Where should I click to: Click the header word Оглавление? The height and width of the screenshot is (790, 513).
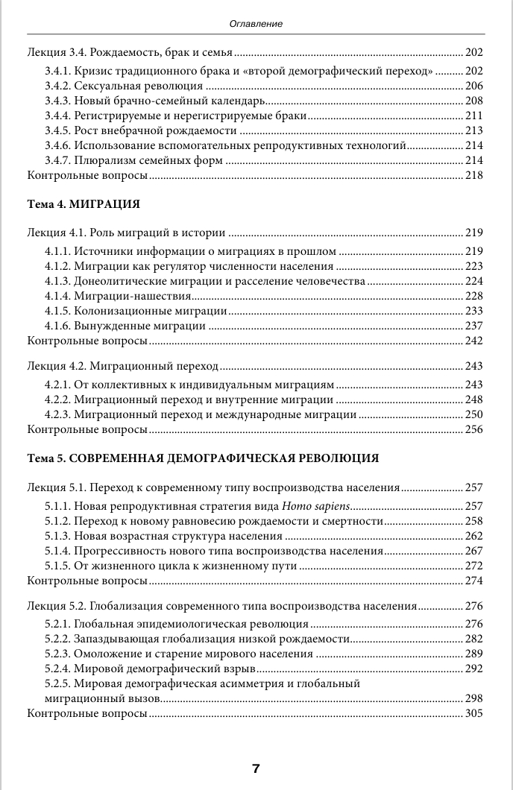click(256, 24)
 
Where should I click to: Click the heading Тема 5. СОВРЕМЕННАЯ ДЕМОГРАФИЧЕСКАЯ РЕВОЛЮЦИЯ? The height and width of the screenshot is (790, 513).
click(203, 457)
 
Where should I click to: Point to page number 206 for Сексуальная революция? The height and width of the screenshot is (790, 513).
click(473, 86)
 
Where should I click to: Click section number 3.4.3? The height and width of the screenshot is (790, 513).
click(57, 101)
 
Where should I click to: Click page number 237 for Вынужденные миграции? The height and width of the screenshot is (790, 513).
click(473, 326)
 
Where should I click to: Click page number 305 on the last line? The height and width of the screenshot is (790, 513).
click(473, 713)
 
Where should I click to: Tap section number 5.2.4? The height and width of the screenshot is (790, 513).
click(57, 669)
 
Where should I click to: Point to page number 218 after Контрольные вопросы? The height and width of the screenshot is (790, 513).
click(473, 175)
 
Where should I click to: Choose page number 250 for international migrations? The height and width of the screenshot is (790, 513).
click(473, 414)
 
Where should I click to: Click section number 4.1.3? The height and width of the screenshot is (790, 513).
click(57, 281)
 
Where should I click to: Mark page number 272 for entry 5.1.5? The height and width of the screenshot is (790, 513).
click(473, 566)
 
